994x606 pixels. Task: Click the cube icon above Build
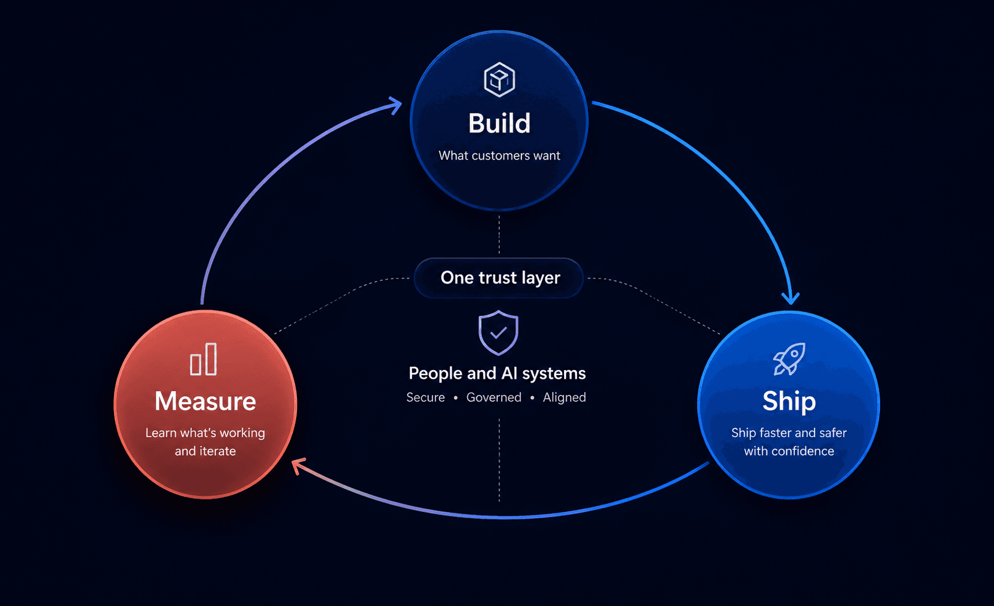pos(499,79)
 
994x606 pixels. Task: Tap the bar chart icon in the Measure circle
pos(204,359)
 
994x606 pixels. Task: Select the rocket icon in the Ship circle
pos(789,359)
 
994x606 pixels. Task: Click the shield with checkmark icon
pos(499,333)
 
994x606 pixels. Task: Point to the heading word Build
pos(499,123)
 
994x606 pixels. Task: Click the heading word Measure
pos(205,401)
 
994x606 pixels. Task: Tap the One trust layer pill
pos(499,278)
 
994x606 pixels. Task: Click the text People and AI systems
pos(497,373)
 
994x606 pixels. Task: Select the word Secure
pos(426,397)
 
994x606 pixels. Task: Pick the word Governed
pos(494,397)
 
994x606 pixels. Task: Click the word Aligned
pos(565,397)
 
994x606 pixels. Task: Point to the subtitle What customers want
pos(499,155)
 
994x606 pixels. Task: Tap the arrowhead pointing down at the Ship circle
pos(790,298)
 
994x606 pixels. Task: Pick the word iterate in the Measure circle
pos(217,451)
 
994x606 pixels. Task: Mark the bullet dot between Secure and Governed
pos(455,398)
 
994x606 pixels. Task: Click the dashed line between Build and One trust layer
pos(499,235)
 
